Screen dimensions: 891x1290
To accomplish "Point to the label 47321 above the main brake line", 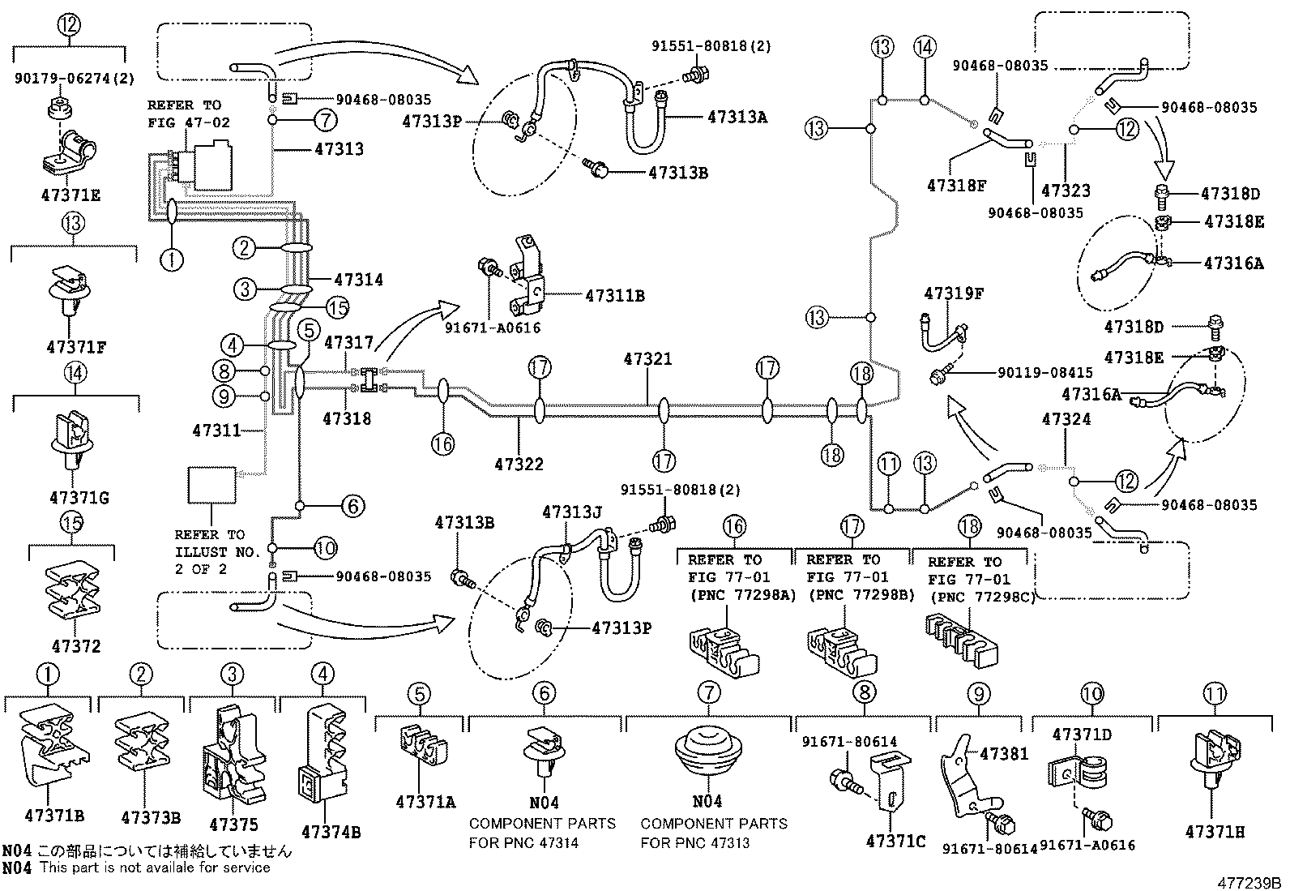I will (x=647, y=358).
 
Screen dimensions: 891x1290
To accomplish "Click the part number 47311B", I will (x=614, y=296).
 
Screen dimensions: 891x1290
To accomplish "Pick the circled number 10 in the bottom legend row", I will (x=1091, y=694).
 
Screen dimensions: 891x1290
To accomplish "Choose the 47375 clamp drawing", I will (x=233, y=762).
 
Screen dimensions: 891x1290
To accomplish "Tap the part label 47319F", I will (x=954, y=293).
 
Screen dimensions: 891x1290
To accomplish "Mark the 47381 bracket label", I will (x=1003, y=754).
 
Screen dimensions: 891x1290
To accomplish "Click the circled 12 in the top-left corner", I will (x=70, y=24).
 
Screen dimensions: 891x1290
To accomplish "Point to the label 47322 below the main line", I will (x=519, y=465).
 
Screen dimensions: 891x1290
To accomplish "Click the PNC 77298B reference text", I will (x=854, y=595).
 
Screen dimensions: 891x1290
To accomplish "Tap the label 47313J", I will (x=572, y=512).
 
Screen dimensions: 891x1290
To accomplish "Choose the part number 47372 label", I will (x=76, y=646).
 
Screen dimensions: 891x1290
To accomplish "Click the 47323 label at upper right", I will (x=1066, y=191).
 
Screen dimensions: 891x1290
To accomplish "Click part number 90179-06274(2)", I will (x=75, y=79).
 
